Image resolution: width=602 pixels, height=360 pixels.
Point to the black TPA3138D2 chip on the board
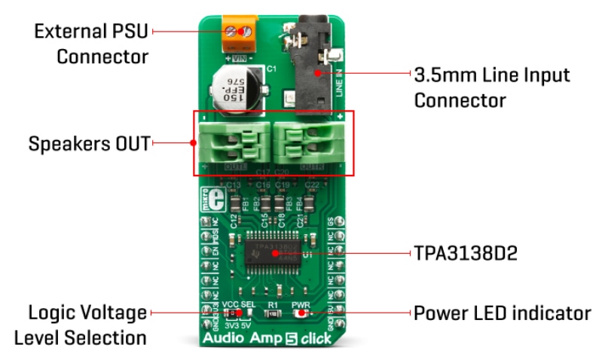pyautogui.click(x=274, y=251)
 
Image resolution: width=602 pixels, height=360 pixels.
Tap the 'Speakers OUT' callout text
pyautogui.click(x=89, y=142)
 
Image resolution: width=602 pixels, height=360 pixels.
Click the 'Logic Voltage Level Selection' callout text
pyautogui.click(x=87, y=324)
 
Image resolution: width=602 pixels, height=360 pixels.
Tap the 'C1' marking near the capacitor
pyautogui.click(x=272, y=69)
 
